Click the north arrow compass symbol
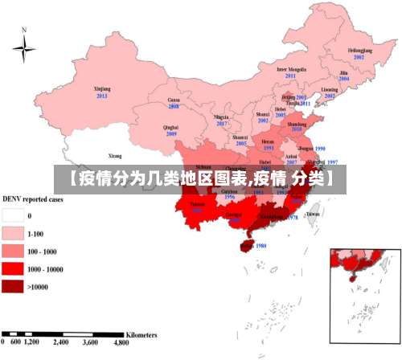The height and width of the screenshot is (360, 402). (x=24, y=49)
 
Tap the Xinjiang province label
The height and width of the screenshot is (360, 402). (x=102, y=88)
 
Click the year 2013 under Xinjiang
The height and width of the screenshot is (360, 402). (x=102, y=96)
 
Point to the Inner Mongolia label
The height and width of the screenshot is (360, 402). (x=291, y=69)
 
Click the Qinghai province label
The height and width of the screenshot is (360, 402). (x=170, y=127)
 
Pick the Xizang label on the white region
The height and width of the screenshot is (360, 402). (x=115, y=155)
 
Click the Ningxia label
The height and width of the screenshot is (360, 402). (x=221, y=117)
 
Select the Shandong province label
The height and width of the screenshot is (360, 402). (x=297, y=123)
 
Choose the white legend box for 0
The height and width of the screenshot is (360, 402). (x=12, y=215)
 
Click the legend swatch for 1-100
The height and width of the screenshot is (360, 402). (x=12, y=233)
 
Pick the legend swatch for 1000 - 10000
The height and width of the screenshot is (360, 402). (x=12, y=268)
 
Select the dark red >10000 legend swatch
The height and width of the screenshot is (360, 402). (x=12, y=286)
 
